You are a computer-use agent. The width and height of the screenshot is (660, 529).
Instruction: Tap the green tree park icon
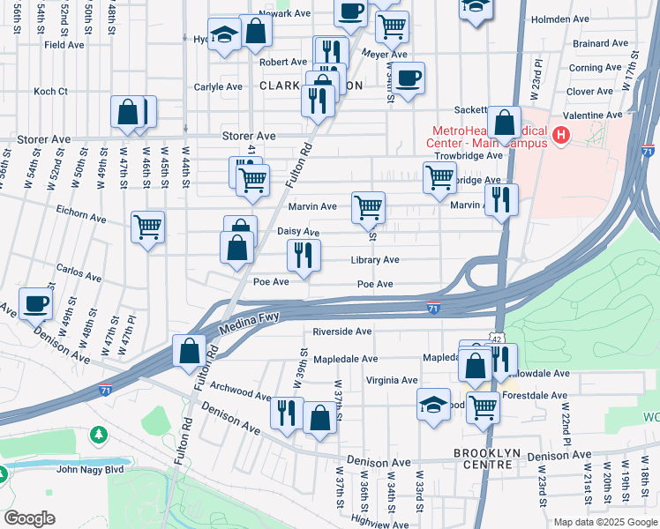pos(99,436)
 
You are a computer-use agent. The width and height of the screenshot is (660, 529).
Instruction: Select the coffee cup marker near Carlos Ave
pos(36,302)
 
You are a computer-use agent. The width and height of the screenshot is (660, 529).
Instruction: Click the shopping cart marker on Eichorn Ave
pos(148,226)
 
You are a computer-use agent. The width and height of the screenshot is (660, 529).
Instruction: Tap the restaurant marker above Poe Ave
pos(304,255)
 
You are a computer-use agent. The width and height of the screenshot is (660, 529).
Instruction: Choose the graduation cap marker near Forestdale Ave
pos(433,404)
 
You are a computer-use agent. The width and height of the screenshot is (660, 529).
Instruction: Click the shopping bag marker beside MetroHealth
pos(505,122)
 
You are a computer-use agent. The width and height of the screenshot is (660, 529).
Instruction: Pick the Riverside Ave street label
pos(341,332)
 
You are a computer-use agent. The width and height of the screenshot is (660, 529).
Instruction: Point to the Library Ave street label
pos(374,260)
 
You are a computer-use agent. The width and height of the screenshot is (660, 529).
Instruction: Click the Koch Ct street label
pos(50,91)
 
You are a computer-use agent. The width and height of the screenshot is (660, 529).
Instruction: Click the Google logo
pos(30,518)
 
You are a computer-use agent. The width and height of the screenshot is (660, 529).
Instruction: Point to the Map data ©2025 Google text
pos(604,522)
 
